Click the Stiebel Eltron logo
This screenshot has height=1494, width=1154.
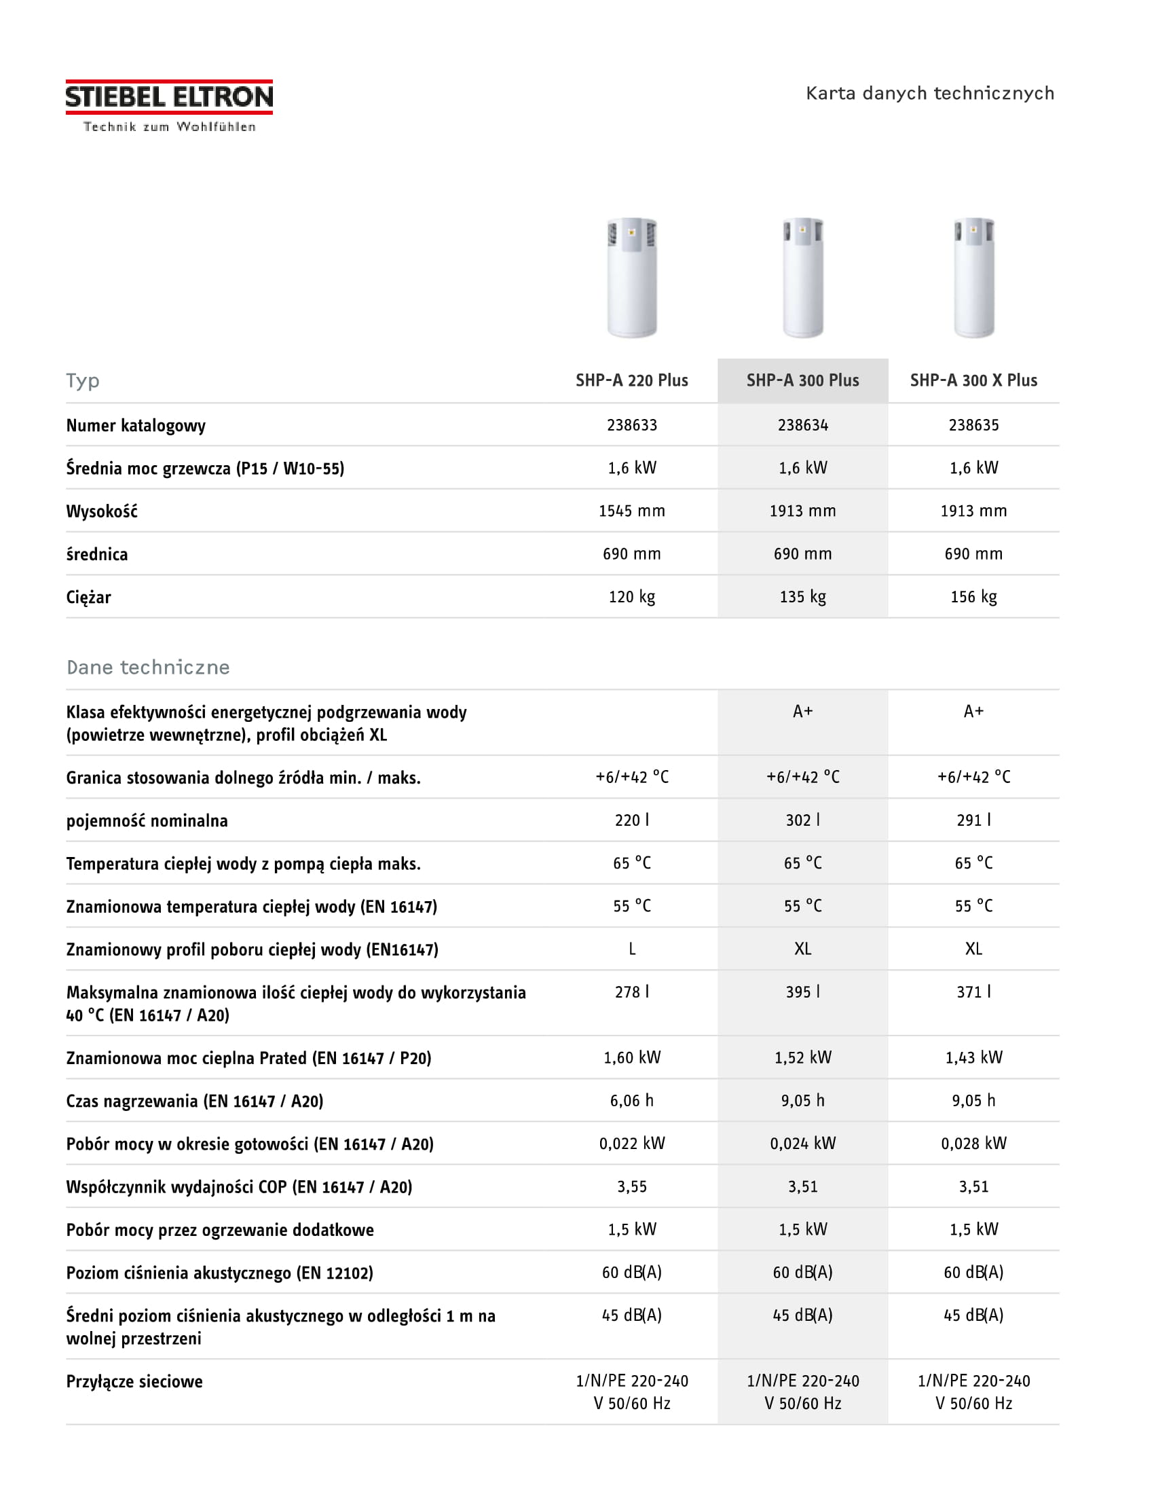point(169,105)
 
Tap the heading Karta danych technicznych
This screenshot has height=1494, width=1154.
point(929,93)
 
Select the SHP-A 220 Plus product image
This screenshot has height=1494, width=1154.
point(632,278)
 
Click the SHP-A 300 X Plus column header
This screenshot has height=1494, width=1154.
point(973,380)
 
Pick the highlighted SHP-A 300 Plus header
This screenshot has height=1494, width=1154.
point(802,380)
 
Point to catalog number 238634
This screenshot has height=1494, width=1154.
point(802,425)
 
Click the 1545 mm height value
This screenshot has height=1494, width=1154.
point(632,511)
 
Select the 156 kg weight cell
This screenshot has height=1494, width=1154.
point(973,596)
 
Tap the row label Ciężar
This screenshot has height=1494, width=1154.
point(88,597)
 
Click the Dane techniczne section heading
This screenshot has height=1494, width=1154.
point(148,667)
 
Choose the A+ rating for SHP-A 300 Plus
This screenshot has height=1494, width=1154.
point(802,712)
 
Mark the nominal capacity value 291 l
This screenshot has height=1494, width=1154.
point(973,820)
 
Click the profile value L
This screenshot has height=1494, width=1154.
point(632,949)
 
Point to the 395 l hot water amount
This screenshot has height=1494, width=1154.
point(802,992)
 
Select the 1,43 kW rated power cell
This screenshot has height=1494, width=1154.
point(973,1057)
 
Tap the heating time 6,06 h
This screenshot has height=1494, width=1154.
point(632,1101)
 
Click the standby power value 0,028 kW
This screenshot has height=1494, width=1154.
point(973,1144)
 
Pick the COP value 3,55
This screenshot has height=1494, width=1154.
point(632,1187)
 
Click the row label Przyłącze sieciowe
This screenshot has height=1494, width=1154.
point(134,1381)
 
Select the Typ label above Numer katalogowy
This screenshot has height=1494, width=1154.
point(83,380)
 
